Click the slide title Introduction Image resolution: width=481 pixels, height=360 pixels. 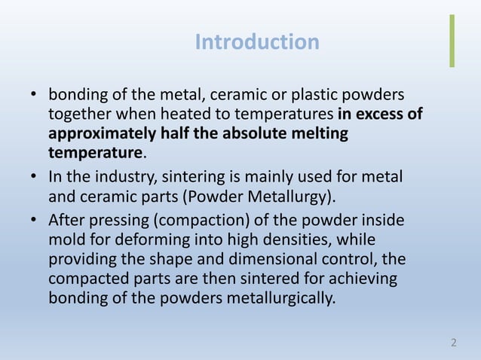click(x=257, y=42)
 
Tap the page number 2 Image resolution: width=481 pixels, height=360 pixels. click(x=453, y=343)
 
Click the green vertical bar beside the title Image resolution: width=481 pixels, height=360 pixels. click(x=452, y=41)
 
